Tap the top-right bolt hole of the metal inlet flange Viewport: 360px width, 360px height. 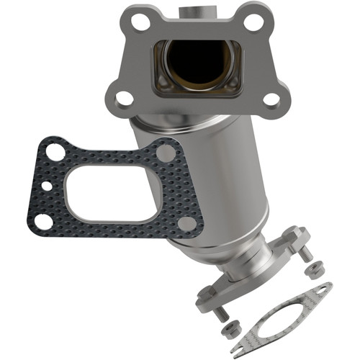(x=253, y=21)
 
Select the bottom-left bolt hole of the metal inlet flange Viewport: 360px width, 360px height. (x=123, y=97)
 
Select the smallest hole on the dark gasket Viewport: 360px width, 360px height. (x=46, y=186)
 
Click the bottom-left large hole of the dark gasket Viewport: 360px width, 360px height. (x=44, y=221)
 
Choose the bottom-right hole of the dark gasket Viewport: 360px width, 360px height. (x=185, y=224)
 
